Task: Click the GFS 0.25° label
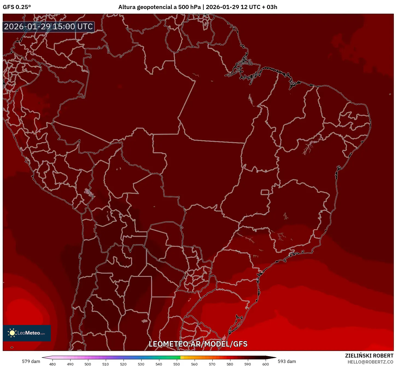pyautogui.click(x=17, y=7)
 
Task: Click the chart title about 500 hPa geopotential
pyautogui.click(x=198, y=7)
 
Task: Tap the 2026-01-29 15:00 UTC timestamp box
pyautogui.click(x=49, y=27)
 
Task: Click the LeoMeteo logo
pyautogui.click(x=27, y=333)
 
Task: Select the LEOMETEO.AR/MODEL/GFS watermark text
pyautogui.click(x=198, y=344)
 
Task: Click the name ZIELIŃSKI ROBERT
pyautogui.click(x=369, y=356)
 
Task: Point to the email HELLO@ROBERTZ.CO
pyautogui.click(x=370, y=362)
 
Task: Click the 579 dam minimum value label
pyautogui.click(x=31, y=361)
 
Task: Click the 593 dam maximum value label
pyautogui.click(x=287, y=361)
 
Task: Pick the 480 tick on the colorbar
pyautogui.click(x=52, y=364)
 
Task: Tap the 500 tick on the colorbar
pyautogui.click(x=88, y=364)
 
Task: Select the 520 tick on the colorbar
pyautogui.click(x=123, y=364)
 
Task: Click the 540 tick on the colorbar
pyautogui.click(x=159, y=364)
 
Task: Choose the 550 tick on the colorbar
pyautogui.click(x=177, y=364)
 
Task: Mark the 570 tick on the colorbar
pyautogui.click(x=212, y=364)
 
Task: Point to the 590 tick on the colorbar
pyautogui.click(x=248, y=364)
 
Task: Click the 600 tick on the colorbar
pyautogui.click(x=265, y=364)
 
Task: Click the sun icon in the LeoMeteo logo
pyautogui.click(x=12, y=333)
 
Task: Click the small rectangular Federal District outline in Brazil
pyautogui.click(x=265, y=192)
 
